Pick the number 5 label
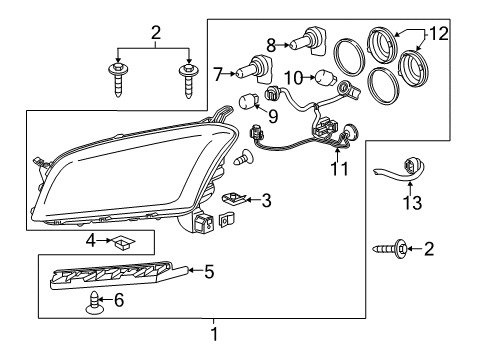(x=209, y=269)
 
